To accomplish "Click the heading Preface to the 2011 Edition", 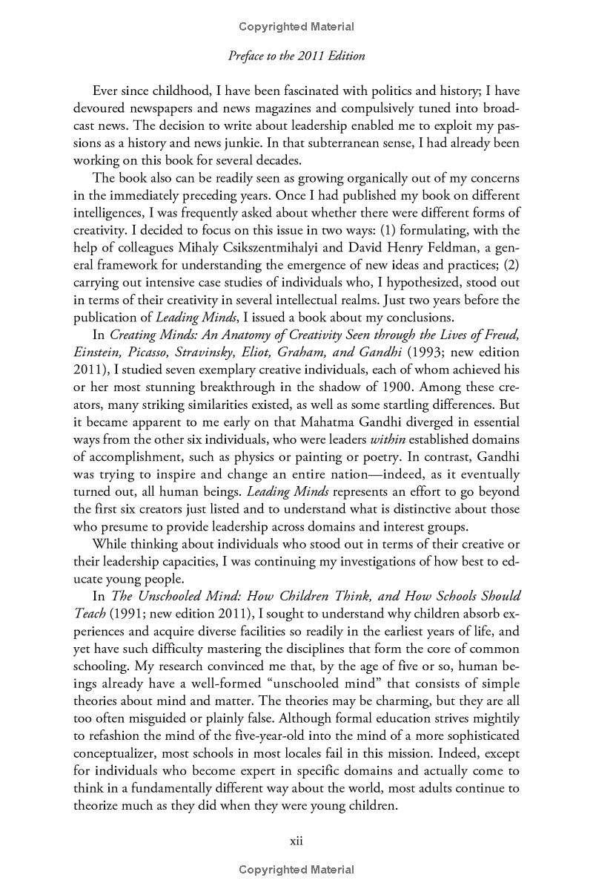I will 296,56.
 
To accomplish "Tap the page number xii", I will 296,841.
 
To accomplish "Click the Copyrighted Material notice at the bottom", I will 296,870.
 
